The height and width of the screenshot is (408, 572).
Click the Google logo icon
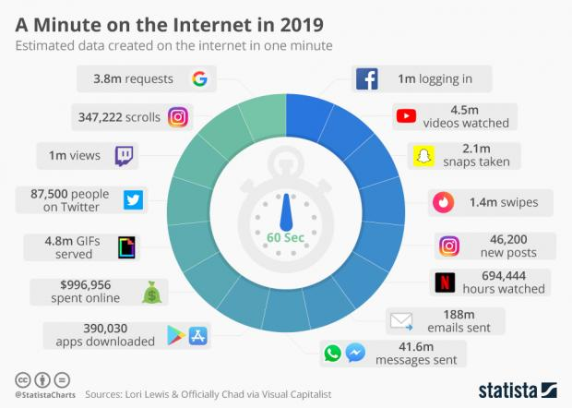[198, 79]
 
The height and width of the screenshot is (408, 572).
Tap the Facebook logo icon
[366, 79]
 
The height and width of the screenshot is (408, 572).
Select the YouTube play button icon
[405, 116]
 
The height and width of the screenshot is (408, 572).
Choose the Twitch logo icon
[126, 156]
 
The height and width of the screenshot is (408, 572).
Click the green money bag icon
[150, 292]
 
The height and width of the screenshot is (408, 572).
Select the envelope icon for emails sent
[402, 321]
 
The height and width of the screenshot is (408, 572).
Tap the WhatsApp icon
[331, 354]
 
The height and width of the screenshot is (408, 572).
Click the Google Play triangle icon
[173, 334]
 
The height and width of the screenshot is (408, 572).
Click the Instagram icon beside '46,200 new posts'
[448, 246]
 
